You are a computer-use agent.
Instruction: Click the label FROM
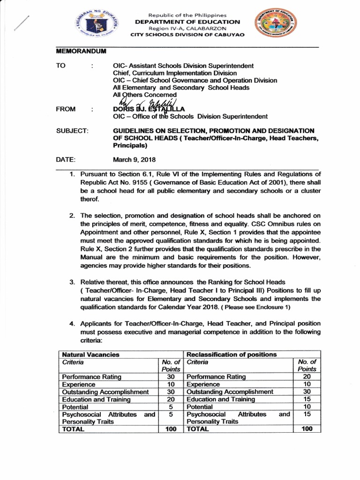click(67, 109)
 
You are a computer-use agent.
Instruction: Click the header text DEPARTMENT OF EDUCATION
click(187, 22)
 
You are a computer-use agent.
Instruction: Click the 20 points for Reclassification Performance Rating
click(307, 376)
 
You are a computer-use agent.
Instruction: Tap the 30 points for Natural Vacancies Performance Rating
click(171, 376)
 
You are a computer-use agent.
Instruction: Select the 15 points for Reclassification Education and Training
click(307, 399)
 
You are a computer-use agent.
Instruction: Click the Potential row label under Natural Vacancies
click(75, 407)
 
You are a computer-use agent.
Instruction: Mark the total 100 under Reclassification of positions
click(307, 429)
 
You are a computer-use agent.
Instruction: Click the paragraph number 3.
click(72, 282)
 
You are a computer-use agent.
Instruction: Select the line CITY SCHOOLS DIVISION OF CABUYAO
click(187, 36)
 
